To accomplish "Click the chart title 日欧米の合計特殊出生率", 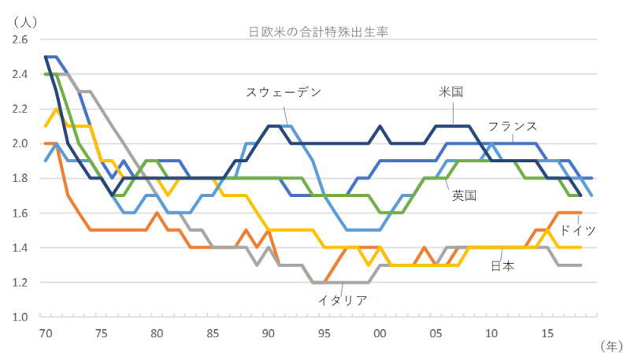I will point(316,32).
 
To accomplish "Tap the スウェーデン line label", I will point(283,92).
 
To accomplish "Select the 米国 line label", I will point(450,92).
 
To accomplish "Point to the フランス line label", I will point(512,126).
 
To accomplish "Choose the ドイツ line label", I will point(577,230).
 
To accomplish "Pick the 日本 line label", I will point(502,265).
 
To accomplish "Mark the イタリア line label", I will point(343,299).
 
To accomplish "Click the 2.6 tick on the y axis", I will point(20,39).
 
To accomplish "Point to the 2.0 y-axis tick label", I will point(20,143).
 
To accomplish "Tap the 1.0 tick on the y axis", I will point(20,317).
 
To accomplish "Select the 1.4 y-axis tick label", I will point(20,247).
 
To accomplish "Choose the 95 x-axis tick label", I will point(324,332).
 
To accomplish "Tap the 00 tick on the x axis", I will point(379,332).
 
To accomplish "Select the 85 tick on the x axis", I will point(212,332).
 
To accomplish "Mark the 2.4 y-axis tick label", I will point(20,74).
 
